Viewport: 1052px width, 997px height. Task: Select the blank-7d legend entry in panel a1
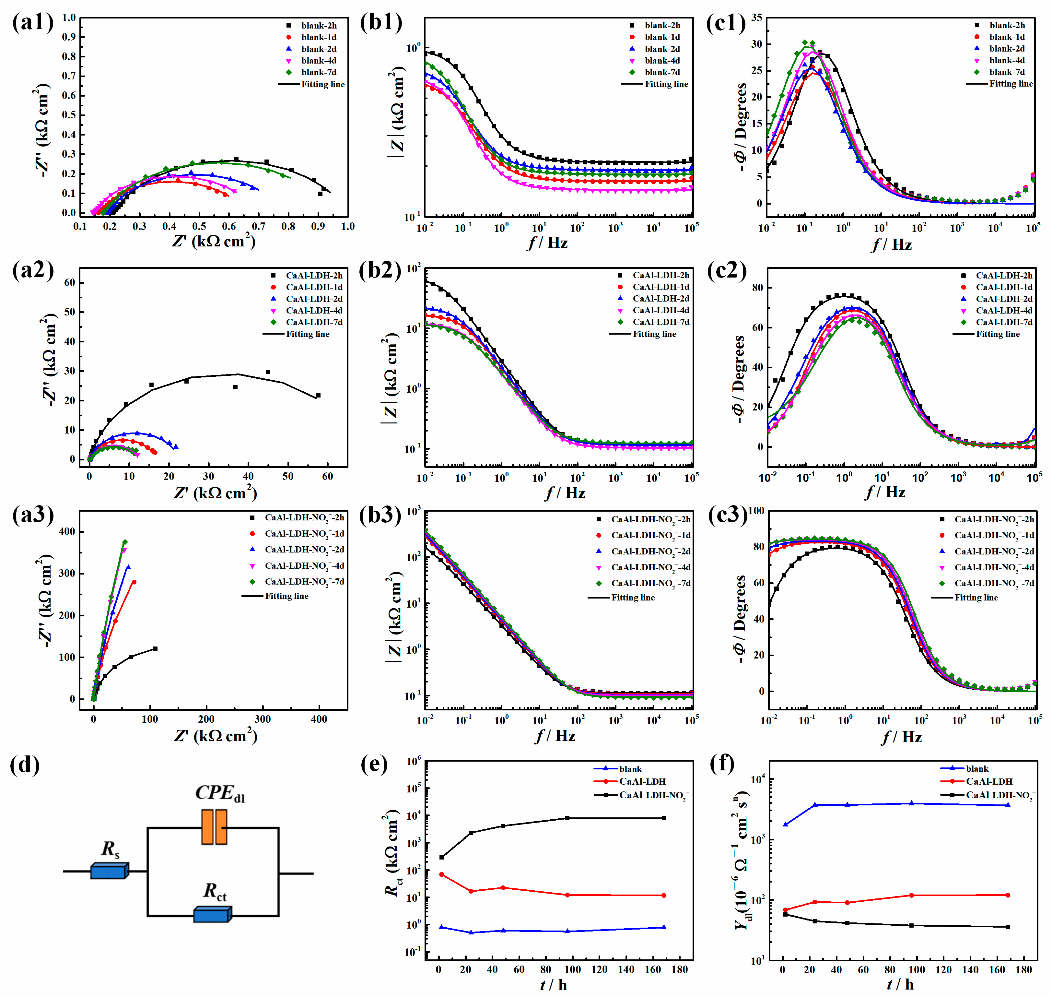click(318, 72)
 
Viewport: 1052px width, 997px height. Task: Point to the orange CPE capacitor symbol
click(214, 827)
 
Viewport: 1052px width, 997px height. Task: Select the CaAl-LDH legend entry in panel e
click(642, 781)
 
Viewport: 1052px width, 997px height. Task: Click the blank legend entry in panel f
click(976, 768)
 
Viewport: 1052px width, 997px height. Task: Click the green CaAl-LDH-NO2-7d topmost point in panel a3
click(125, 542)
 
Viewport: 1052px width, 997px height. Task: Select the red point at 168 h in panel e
click(664, 896)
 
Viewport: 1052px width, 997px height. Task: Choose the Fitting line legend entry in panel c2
click(997, 334)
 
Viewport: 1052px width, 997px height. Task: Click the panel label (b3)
click(380, 515)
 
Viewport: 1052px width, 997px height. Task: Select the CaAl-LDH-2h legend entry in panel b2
click(660, 275)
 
